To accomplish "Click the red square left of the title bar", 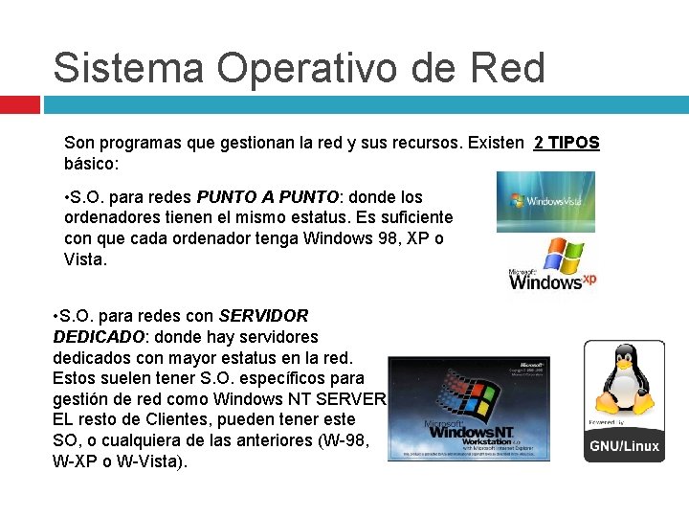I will [x=19, y=104].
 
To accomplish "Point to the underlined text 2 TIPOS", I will [x=567, y=143].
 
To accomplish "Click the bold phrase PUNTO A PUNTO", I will [x=268, y=197].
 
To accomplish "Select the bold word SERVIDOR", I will [x=263, y=315].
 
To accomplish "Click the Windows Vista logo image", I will [x=545, y=201].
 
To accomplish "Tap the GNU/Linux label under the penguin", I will [x=624, y=446].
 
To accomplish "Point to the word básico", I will [x=91, y=164].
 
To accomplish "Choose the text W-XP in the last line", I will [x=76, y=461].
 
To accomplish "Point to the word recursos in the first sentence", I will [x=421, y=143].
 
